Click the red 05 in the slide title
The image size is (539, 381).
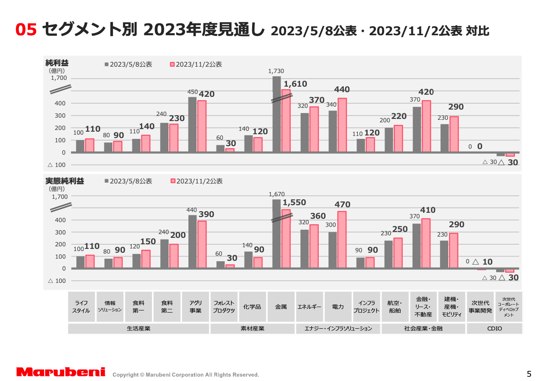[x=26, y=29]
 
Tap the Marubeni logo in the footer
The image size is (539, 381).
[x=61, y=372]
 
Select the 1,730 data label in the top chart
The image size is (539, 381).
[x=276, y=71]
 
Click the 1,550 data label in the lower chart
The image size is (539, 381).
[x=295, y=203]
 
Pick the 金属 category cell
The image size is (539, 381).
[x=281, y=307]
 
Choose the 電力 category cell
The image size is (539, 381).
[x=338, y=307]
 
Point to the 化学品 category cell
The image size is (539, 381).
[x=253, y=307]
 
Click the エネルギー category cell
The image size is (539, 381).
[x=309, y=307]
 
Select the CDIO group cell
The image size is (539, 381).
[x=494, y=328]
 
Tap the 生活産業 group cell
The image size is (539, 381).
[x=138, y=328]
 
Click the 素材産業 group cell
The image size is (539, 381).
[x=253, y=328]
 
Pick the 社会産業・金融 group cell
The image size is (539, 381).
[x=423, y=328]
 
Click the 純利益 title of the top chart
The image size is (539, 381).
[x=57, y=63]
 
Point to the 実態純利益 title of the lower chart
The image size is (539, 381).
[x=65, y=181]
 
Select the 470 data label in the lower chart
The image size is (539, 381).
[x=342, y=204]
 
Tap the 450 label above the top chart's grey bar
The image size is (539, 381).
[x=192, y=92]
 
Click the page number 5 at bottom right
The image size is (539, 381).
[x=529, y=374]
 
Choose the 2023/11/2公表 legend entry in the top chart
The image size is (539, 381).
[x=196, y=65]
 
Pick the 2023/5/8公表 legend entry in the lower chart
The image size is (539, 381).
[x=128, y=181]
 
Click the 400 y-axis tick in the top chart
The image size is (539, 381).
[x=60, y=103]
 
